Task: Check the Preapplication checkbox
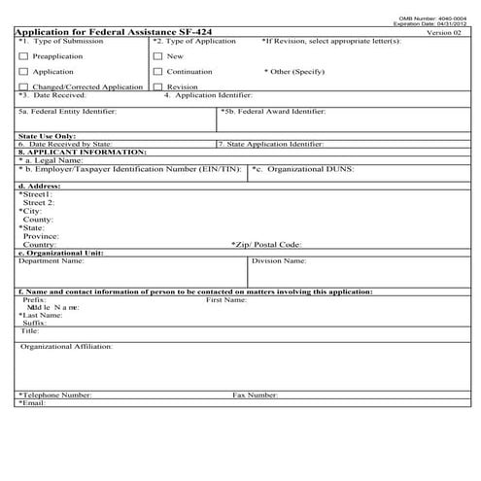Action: coord(22,56)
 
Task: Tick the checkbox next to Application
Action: coord(22,72)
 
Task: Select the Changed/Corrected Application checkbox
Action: coord(22,87)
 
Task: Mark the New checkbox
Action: coord(157,56)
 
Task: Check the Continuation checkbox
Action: coord(157,72)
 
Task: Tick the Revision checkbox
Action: coord(157,87)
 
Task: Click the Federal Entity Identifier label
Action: coord(67,112)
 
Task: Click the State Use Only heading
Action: coord(47,136)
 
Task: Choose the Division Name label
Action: coord(279,261)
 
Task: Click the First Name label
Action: coord(227,300)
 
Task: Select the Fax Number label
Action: coord(256,395)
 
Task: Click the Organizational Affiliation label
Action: coord(67,346)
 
